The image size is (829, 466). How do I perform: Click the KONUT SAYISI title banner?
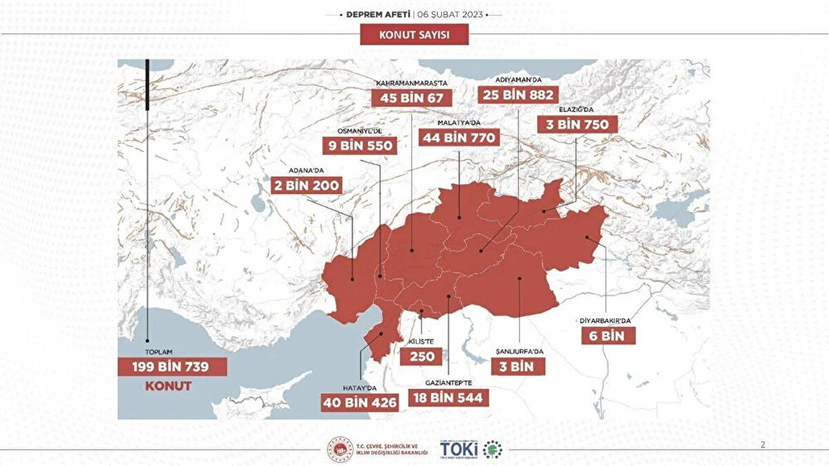414,34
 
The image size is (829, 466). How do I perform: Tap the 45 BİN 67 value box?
408,97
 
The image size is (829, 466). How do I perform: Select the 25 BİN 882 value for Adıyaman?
518,94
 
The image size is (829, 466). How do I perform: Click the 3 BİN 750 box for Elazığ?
578,124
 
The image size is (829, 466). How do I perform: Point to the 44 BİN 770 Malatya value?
459,138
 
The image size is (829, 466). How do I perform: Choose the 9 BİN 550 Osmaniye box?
360,146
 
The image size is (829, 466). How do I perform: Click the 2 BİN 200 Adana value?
307,185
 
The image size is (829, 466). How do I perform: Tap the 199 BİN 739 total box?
171,366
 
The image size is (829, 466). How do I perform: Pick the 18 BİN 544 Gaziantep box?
449,398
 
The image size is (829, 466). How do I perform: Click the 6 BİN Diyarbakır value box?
607,336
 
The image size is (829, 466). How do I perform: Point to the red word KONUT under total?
168,386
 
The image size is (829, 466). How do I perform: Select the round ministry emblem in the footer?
340,449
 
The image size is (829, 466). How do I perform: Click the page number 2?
763,445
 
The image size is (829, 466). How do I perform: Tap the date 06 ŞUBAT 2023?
453,15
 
